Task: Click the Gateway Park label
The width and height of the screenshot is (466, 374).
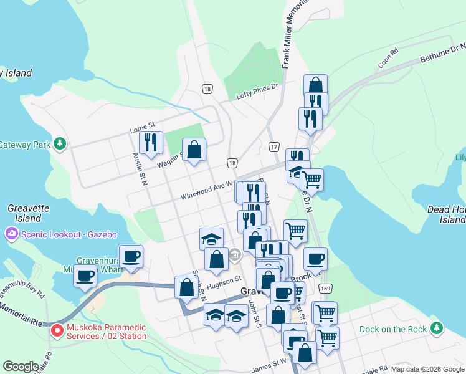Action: tap(24, 145)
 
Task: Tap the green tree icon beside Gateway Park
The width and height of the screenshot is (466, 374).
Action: tap(60, 144)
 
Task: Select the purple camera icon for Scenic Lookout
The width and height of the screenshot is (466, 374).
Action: tap(11, 234)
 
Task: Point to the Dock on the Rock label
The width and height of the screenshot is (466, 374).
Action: tap(393, 328)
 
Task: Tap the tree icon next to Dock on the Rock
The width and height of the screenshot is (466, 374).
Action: tap(437, 328)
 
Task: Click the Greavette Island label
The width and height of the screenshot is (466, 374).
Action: tap(24, 213)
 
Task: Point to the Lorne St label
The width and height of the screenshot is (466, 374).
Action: tap(141, 129)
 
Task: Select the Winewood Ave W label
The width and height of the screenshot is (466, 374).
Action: tap(206, 191)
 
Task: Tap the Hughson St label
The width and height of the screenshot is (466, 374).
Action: tap(223, 282)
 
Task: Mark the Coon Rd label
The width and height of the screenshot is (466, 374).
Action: tap(387, 60)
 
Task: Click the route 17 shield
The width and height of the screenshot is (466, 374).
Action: tap(273, 147)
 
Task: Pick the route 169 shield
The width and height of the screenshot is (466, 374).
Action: tap(324, 289)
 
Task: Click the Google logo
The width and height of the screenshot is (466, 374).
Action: tap(21, 366)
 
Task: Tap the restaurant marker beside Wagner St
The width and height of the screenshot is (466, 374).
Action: tap(151, 143)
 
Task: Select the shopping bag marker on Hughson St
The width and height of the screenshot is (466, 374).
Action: tap(186, 287)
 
